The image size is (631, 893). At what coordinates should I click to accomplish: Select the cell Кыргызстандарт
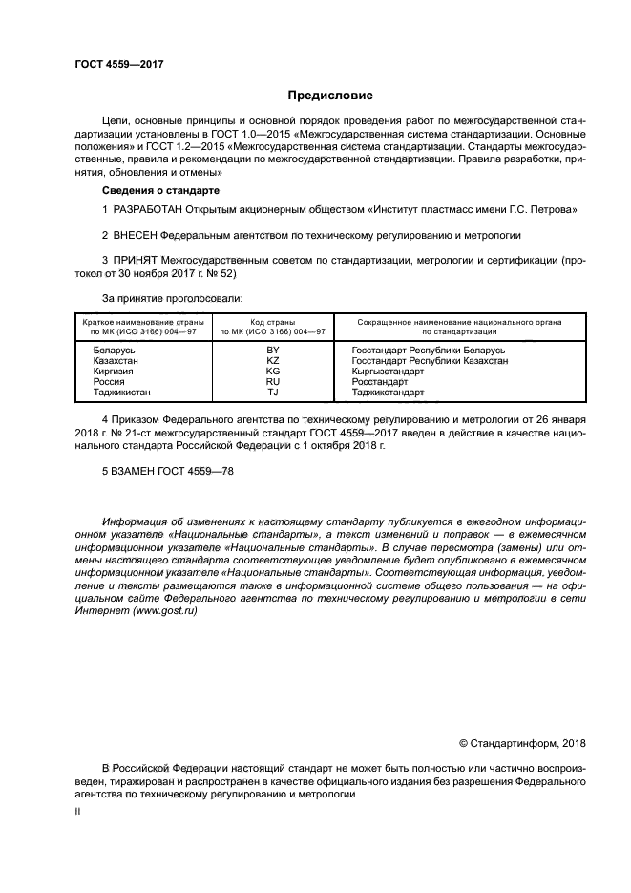(388, 372)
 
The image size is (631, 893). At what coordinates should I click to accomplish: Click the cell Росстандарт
(380, 382)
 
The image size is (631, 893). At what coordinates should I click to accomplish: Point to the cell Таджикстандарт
(389, 393)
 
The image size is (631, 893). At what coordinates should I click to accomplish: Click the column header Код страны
(273, 322)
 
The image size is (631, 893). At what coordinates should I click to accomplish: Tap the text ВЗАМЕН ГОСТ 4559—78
(167, 472)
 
